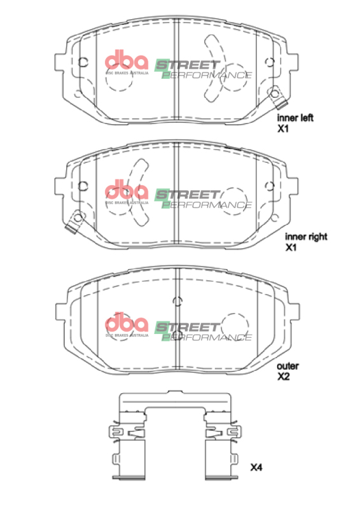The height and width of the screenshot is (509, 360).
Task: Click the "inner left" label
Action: pyautogui.click(x=294, y=117)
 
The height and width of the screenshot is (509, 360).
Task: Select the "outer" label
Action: pyautogui.click(x=287, y=366)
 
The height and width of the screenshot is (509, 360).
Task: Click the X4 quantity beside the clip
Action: pyautogui.click(x=256, y=468)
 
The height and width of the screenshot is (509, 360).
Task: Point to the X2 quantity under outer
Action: pyautogui.click(x=283, y=377)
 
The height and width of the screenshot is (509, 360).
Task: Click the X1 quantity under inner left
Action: pyautogui.click(x=282, y=128)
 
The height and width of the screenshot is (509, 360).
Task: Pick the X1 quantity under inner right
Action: pyautogui.click(x=291, y=248)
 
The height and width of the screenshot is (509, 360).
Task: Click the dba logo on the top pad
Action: pyautogui.click(x=126, y=62)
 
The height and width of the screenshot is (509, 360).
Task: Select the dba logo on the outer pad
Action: pyautogui.click(x=126, y=323)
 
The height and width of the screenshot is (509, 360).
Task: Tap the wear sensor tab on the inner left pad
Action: pyautogui.click(x=277, y=95)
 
